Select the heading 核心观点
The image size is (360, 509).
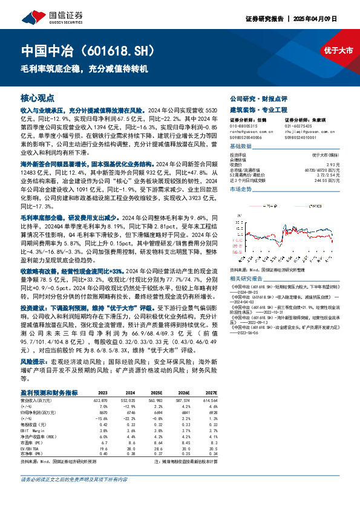(x=38, y=97)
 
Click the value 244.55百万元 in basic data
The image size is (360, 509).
(x=327, y=180)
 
